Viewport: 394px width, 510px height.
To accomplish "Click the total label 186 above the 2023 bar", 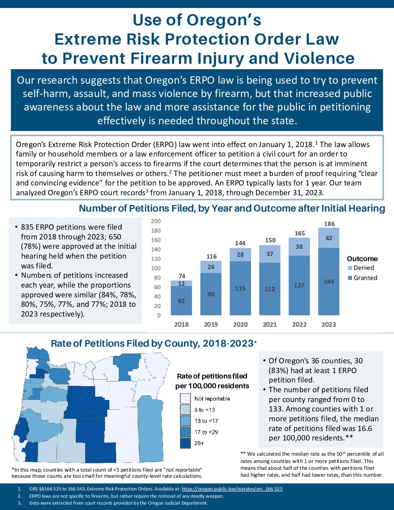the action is tap(329, 224).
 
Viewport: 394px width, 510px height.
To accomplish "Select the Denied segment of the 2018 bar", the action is tap(181, 283).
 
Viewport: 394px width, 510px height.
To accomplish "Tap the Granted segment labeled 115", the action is tap(240, 288).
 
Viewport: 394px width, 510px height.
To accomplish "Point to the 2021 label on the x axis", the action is tap(270, 324).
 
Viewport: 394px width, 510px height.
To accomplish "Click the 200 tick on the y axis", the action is tap(156, 221).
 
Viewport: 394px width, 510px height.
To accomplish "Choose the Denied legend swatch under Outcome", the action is tap(350, 268).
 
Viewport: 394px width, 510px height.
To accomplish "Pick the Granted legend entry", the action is tap(362, 278).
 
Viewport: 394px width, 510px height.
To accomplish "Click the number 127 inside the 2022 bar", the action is tap(299, 285).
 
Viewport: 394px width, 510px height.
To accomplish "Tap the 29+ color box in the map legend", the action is tap(185, 443).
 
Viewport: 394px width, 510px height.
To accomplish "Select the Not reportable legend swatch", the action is tap(185, 398).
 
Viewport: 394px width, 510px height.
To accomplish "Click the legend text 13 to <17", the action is tap(206, 421).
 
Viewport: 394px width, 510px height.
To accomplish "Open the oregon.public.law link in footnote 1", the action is tap(232, 489).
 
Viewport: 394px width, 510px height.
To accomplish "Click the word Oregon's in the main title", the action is tap(224, 20).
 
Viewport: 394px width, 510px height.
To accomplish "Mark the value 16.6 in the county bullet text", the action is tap(365, 429).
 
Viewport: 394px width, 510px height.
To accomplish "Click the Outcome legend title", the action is tap(362, 259).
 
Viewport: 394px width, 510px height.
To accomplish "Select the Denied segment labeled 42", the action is tap(329, 238).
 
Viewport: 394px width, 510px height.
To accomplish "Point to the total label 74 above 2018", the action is tap(182, 276).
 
